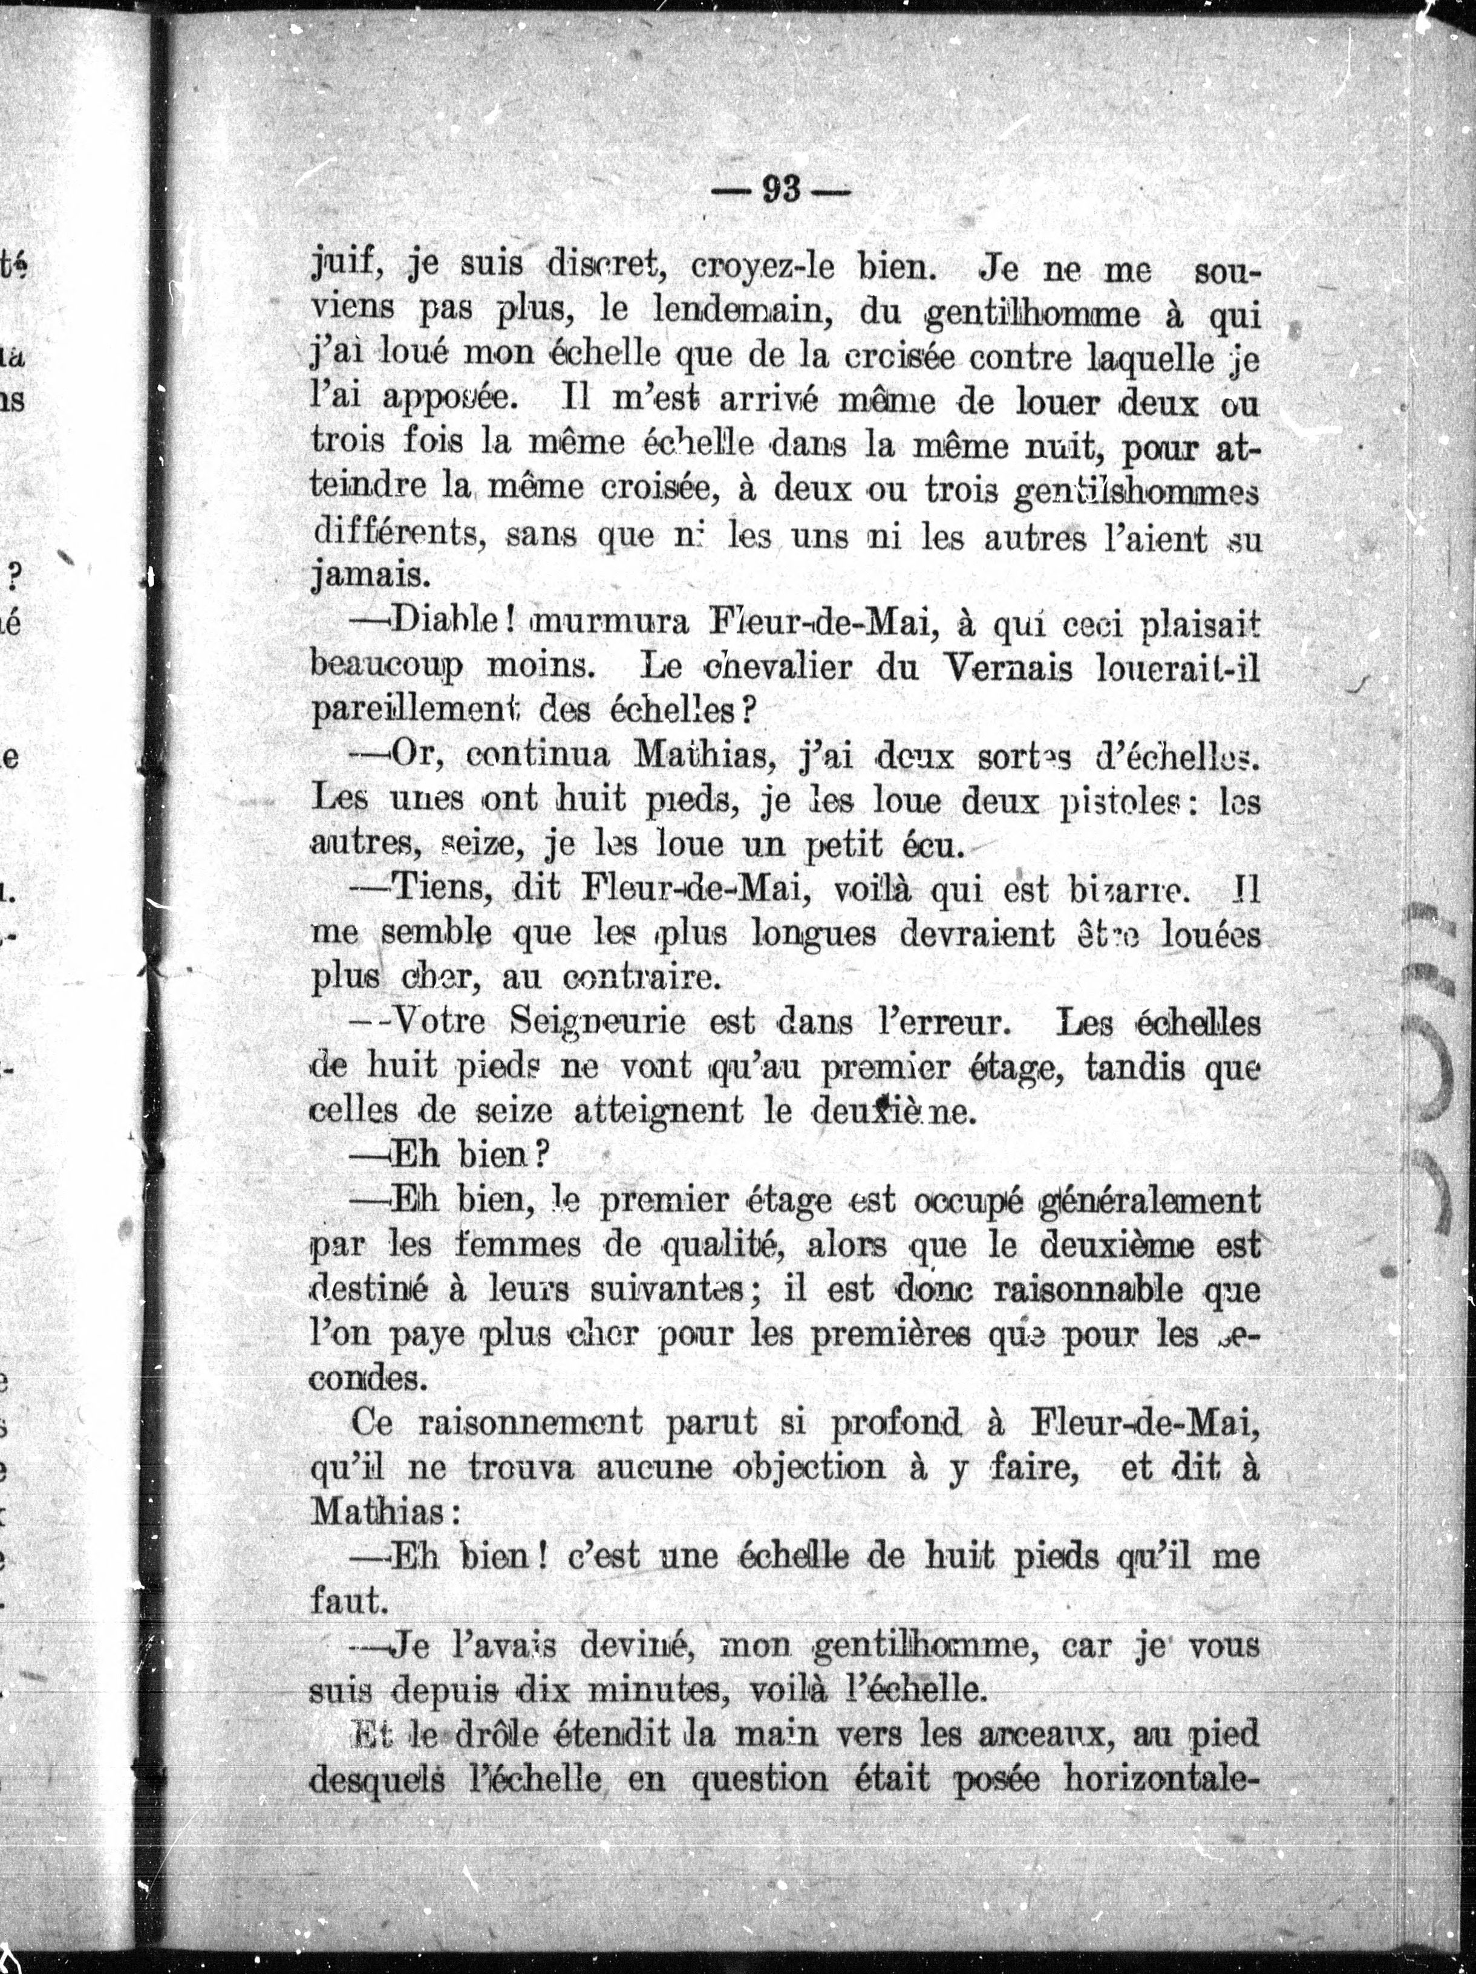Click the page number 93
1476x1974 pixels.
[781, 190]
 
